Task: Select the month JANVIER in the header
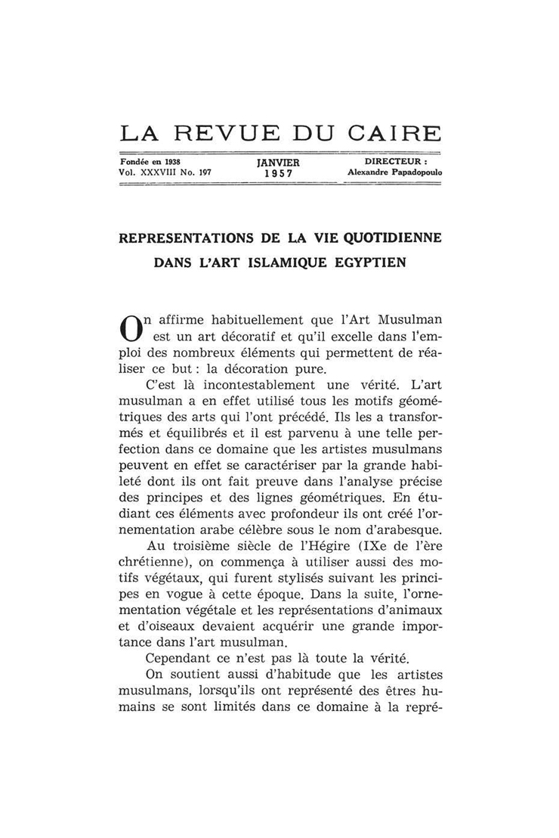(x=278, y=163)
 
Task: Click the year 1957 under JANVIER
(x=278, y=173)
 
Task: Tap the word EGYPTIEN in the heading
(x=371, y=263)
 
